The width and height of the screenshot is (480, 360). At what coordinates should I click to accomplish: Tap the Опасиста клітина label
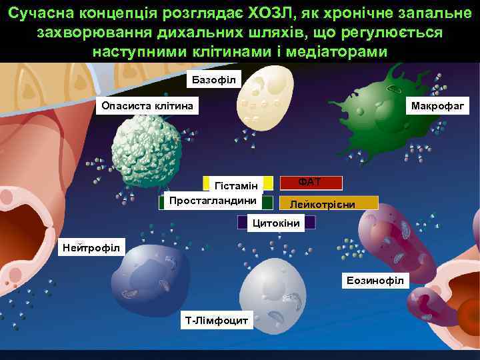click(x=147, y=105)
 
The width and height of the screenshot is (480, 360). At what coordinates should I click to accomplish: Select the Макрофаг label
click(x=439, y=105)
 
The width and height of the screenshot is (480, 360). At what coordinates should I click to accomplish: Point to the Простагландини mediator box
click(x=215, y=201)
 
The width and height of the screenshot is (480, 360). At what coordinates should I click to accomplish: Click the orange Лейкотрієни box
click(x=329, y=203)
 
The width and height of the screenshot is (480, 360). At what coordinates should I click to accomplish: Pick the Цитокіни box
click(x=276, y=223)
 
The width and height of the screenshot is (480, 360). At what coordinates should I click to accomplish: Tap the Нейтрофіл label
click(x=91, y=248)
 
